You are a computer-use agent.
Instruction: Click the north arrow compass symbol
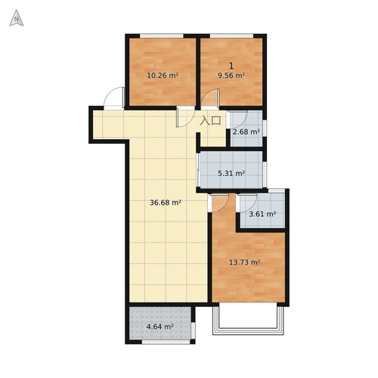17,18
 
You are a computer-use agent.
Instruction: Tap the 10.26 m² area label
163,76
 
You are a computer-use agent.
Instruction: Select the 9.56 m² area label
231,76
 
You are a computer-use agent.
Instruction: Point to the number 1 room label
231,66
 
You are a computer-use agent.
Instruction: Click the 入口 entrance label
210,121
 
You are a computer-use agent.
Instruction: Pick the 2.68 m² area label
246,132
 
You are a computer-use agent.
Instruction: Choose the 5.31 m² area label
231,173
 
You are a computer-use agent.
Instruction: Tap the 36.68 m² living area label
166,203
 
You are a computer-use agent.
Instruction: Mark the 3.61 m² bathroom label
262,214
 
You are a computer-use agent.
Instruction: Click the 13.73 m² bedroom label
245,262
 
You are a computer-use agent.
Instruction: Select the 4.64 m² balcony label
160,327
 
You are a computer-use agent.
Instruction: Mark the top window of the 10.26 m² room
162,36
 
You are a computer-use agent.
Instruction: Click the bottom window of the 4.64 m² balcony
166,342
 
